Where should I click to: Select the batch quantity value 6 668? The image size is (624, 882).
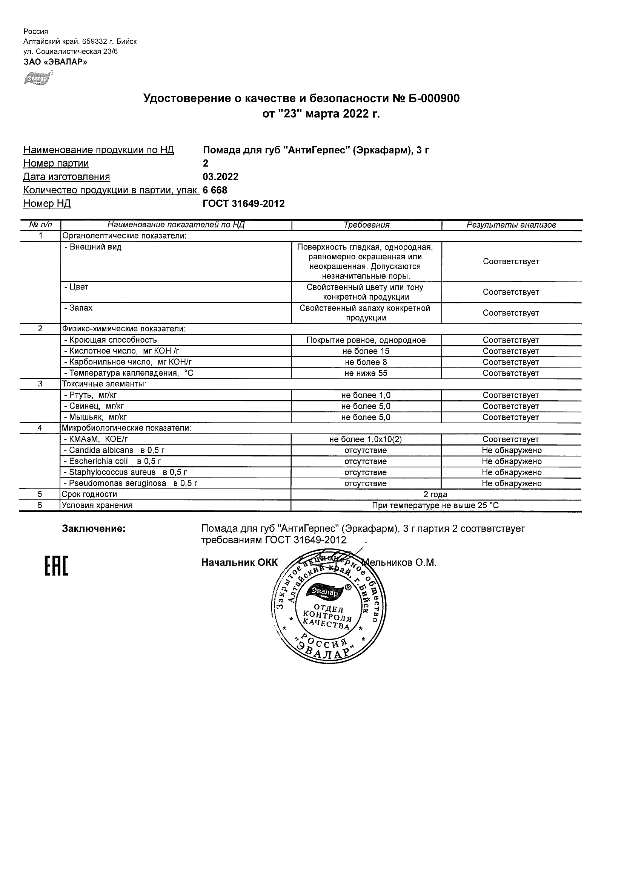point(215,190)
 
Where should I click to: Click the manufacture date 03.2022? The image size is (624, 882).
point(220,177)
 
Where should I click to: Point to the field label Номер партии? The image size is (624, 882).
point(56,163)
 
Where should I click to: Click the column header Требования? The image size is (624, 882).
point(366,225)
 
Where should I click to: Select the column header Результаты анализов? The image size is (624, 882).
point(511,225)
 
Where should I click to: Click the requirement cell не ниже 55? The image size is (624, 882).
point(366,374)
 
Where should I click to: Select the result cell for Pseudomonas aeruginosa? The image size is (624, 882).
point(511,484)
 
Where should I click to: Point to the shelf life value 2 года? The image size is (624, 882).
point(435,495)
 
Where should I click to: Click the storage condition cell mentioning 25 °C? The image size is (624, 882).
point(435,505)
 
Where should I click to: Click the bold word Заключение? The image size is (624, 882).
point(94,529)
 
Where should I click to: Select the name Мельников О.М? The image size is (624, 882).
point(400,563)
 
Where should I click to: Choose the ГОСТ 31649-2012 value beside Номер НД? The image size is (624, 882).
point(244,204)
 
